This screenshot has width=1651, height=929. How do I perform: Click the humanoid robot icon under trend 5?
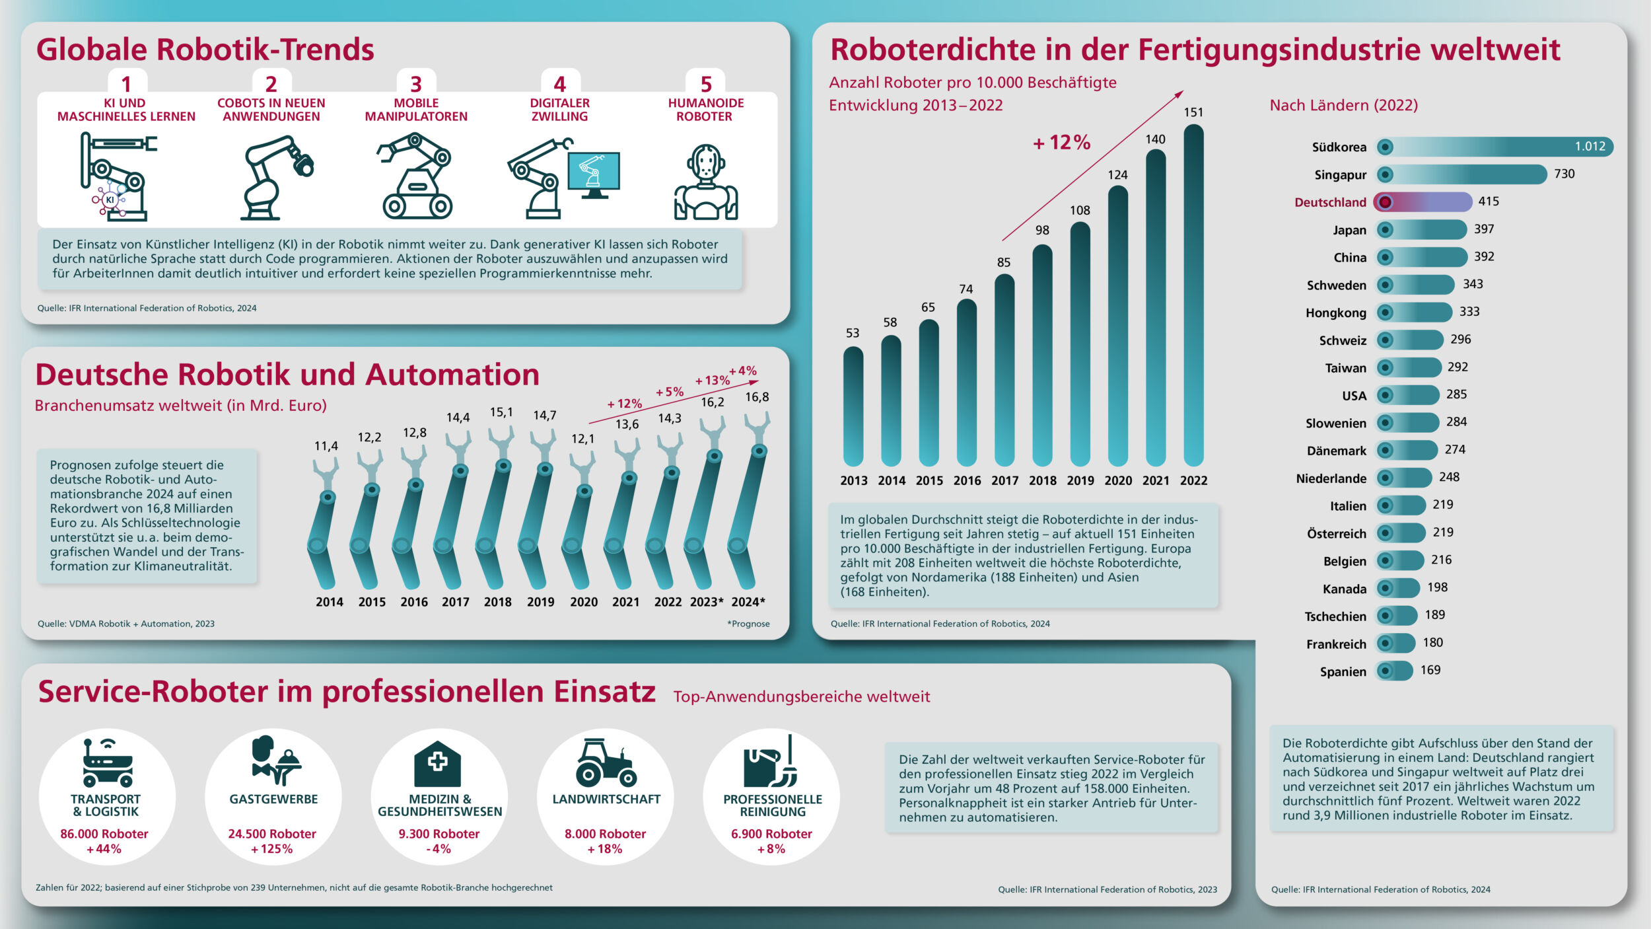coord(705,182)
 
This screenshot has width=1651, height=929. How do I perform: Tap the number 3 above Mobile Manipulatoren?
coord(415,85)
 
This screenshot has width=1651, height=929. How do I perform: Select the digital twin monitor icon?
coord(594,173)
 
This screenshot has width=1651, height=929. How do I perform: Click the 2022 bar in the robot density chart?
coord(1193,297)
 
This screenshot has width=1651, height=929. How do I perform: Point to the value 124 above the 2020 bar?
coord(1117,175)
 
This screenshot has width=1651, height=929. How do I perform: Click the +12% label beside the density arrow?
coord(1061,143)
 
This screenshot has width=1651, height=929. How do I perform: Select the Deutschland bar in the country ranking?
coord(1423,202)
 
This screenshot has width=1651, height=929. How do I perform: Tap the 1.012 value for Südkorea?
coord(1590,147)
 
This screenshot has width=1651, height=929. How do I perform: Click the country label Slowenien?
coord(1335,424)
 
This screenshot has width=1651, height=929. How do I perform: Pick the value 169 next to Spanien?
coord(1430,670)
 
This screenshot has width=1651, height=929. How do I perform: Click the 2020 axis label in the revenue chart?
coord(583,602)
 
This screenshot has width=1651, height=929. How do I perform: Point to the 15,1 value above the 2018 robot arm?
coord(501,412)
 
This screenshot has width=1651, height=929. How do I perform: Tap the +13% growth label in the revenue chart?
coord(712,381)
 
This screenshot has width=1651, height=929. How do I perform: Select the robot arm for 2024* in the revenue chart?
coord(750,502)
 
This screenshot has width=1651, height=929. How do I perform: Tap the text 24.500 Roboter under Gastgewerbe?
coord(272,834)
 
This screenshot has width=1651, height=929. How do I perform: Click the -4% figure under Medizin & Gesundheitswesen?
coord(439,849)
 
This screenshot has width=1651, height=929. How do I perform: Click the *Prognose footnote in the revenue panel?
coord(748,624)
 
